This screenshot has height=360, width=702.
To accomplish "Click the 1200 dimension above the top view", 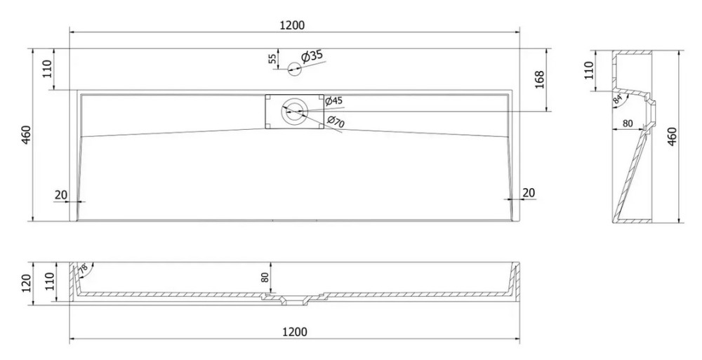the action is point(292,25).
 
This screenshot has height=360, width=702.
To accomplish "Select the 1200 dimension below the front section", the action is point(295,332).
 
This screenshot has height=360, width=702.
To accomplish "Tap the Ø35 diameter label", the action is point(312,56).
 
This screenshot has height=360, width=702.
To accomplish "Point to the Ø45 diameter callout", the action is point(333,101).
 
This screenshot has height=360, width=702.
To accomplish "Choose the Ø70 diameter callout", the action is point(336,121).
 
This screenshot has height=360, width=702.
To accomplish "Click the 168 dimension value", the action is point(539,80).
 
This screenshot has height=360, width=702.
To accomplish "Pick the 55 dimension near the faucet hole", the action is point(272,58).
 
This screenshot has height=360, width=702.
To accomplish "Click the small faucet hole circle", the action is point(294,69).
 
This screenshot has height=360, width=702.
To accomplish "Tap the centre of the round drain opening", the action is point(295,111).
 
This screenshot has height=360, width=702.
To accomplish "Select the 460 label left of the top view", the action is point(26,135).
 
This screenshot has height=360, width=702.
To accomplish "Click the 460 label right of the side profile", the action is point(672,137).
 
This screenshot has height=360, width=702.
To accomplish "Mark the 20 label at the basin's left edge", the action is point(61,195).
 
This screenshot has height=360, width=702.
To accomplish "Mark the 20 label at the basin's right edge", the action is point(529,192).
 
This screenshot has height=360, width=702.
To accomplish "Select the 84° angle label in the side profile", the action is point(618,100).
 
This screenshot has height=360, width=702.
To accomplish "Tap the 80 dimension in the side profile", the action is point(628,123).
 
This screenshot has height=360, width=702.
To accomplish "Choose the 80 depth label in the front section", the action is point(265,277).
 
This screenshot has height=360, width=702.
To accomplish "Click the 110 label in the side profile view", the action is point(589,70).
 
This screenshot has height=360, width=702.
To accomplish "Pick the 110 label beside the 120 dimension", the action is point(50,281).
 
